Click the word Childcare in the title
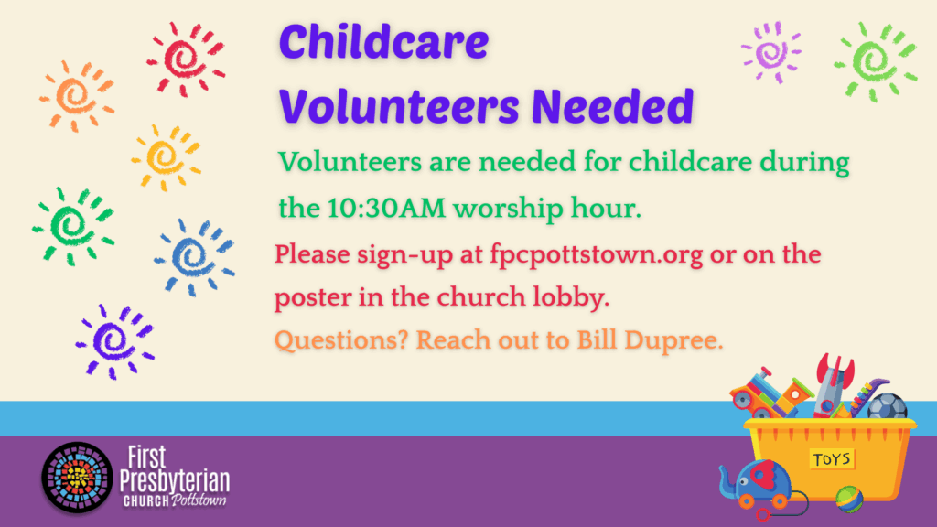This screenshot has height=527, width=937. pyautogui.click(x=383, y=42)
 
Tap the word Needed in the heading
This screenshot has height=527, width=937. pyautogui.click(x=612, y=106)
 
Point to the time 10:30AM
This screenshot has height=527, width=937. pyautogui.click(x=386, y=209)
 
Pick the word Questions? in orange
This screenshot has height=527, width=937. pyautogui.click(x=341, y=340)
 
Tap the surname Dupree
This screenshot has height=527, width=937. pyautogui.click(x=673, y=340)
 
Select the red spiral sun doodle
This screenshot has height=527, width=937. pyautogui.click(x=186, y=59)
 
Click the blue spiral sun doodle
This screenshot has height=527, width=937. pyautogui.click(x=194, y=257)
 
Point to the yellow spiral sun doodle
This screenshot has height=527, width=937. pyautogui.click(x=167, y=157)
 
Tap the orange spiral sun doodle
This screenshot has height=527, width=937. pyautogui.click(x=77, y=95)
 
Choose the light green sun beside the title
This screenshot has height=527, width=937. pyautogui.click(x=875, y=60)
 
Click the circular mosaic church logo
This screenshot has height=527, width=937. pyautogui.click(x=77, y=478)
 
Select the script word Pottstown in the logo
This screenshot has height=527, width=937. pyautogui.click(x=199, y=500)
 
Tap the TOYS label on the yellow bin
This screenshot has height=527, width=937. pyautogui.click(x=832, y=459)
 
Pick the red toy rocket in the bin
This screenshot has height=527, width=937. pyautogui.click(x=833, y=385)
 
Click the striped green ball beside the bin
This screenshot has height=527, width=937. pyautogui.click(x=849, y=500)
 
